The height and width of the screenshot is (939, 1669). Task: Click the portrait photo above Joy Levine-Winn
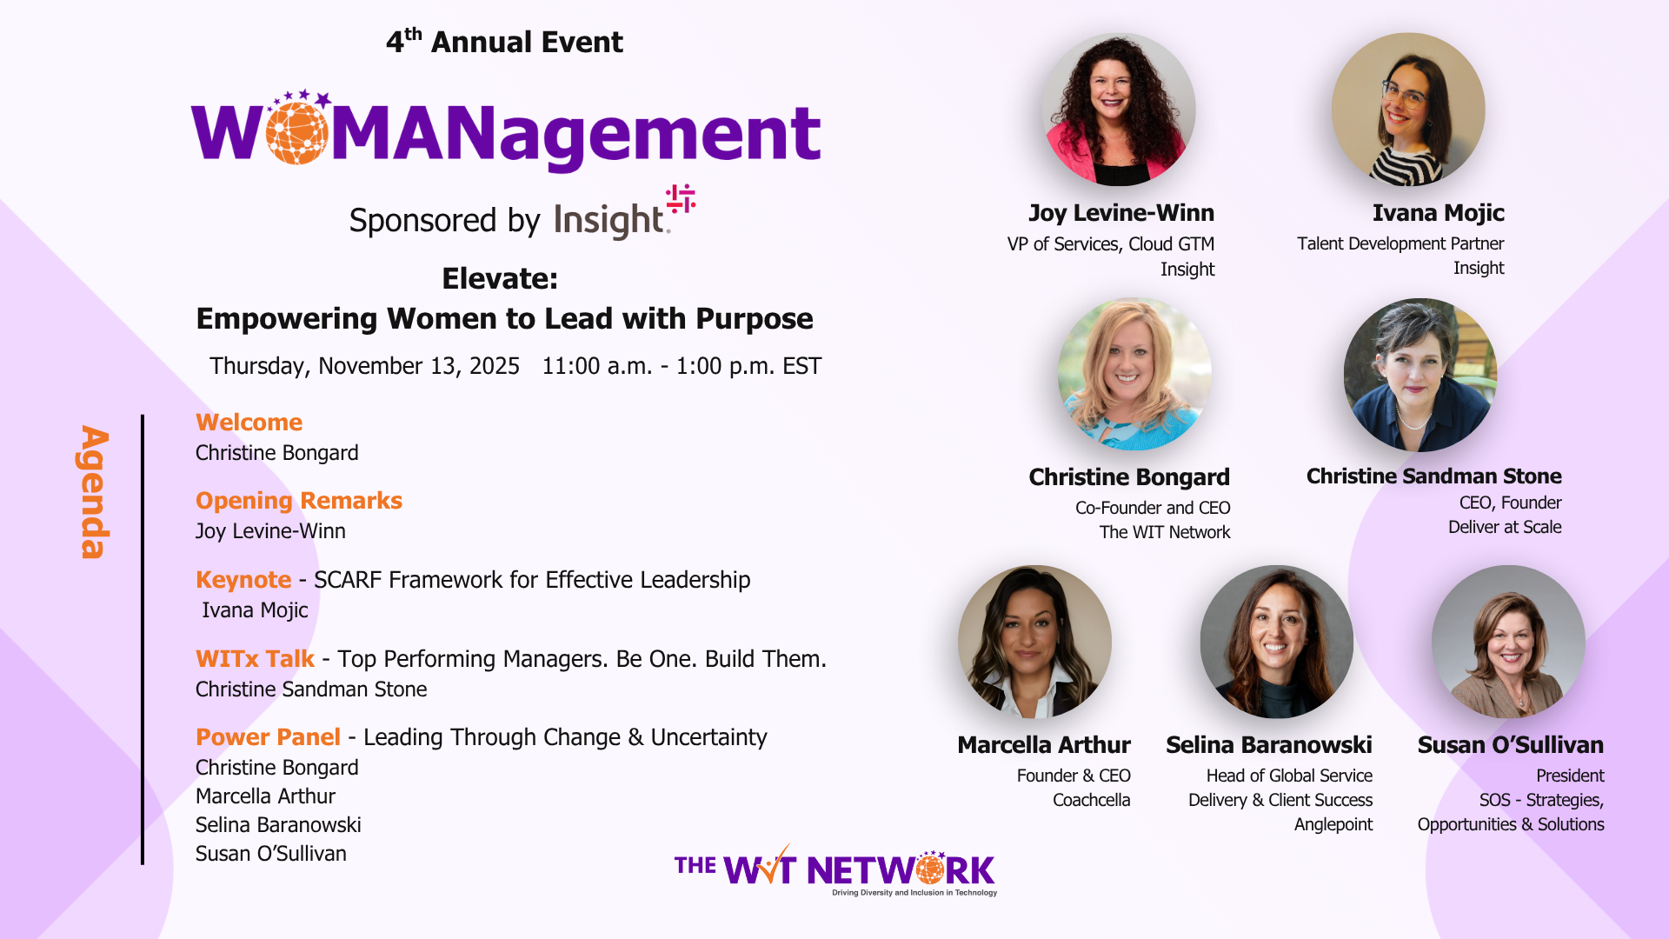pyautogui.click(x=1119, y=110)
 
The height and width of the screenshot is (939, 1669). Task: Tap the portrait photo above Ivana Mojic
pyautogui.click(x=1408, y=110)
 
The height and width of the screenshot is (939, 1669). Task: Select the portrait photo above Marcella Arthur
pyautogui.click(x=1034, y=642)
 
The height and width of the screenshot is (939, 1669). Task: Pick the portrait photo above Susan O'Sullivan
pyautogui.click(x=1508, y=642)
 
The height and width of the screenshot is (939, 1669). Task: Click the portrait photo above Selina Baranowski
pyautogui.click(x=1276, y=642)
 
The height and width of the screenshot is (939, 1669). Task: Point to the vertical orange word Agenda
pyautogui.click(x=94, y=492)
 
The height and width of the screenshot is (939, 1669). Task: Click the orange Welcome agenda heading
pyautogui.click(x=249, y=423)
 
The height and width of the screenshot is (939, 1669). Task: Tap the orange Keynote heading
pyautogui.click(x=243, y=580)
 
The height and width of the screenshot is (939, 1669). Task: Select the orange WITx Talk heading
pyautogui.click(x=255, y=659)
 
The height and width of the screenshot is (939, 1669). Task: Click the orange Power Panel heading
pyautogui.click(x=268, y=737)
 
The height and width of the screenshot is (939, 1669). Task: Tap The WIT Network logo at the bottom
pyautogui.click(x=835, y=869)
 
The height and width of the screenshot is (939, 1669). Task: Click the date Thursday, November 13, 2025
pyautogui.click(x=364, y=366)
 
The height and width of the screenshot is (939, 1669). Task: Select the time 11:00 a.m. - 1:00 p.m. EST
pyautogui.click(x=682, y=366)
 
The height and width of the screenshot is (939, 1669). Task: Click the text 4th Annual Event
pyautogui.click(x=504, y=41)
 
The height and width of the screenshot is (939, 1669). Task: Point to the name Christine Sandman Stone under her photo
pyautogui.click(x=1433, y=476)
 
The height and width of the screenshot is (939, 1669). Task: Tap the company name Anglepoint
pyautogui.click(x=1333, y=824)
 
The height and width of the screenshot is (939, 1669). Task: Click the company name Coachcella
pyautogui.click(x=1091, y=800)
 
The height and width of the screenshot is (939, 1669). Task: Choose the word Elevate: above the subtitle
pyautogui.click(x=500, y=279)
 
